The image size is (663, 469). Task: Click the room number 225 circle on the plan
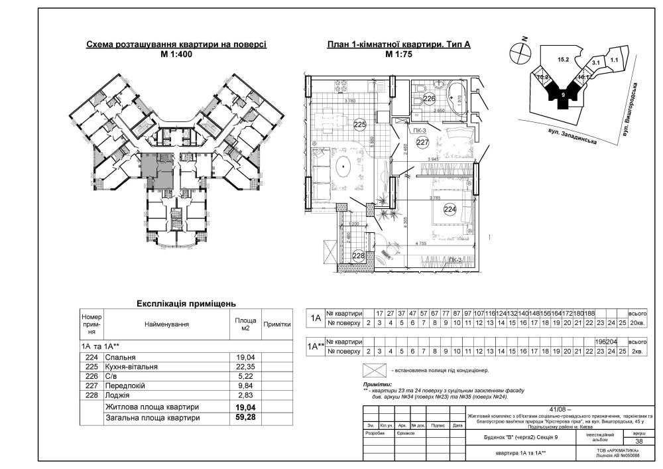coord(360,124)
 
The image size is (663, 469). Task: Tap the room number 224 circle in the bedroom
coord(450,210)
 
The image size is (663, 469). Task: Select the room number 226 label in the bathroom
coord(430,100)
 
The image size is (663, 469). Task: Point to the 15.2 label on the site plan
coord(564,60)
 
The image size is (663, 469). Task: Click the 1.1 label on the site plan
coord(614,60)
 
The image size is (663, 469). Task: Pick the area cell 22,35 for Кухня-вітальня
coord(245,367)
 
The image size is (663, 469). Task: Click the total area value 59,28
coord(245,418)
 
